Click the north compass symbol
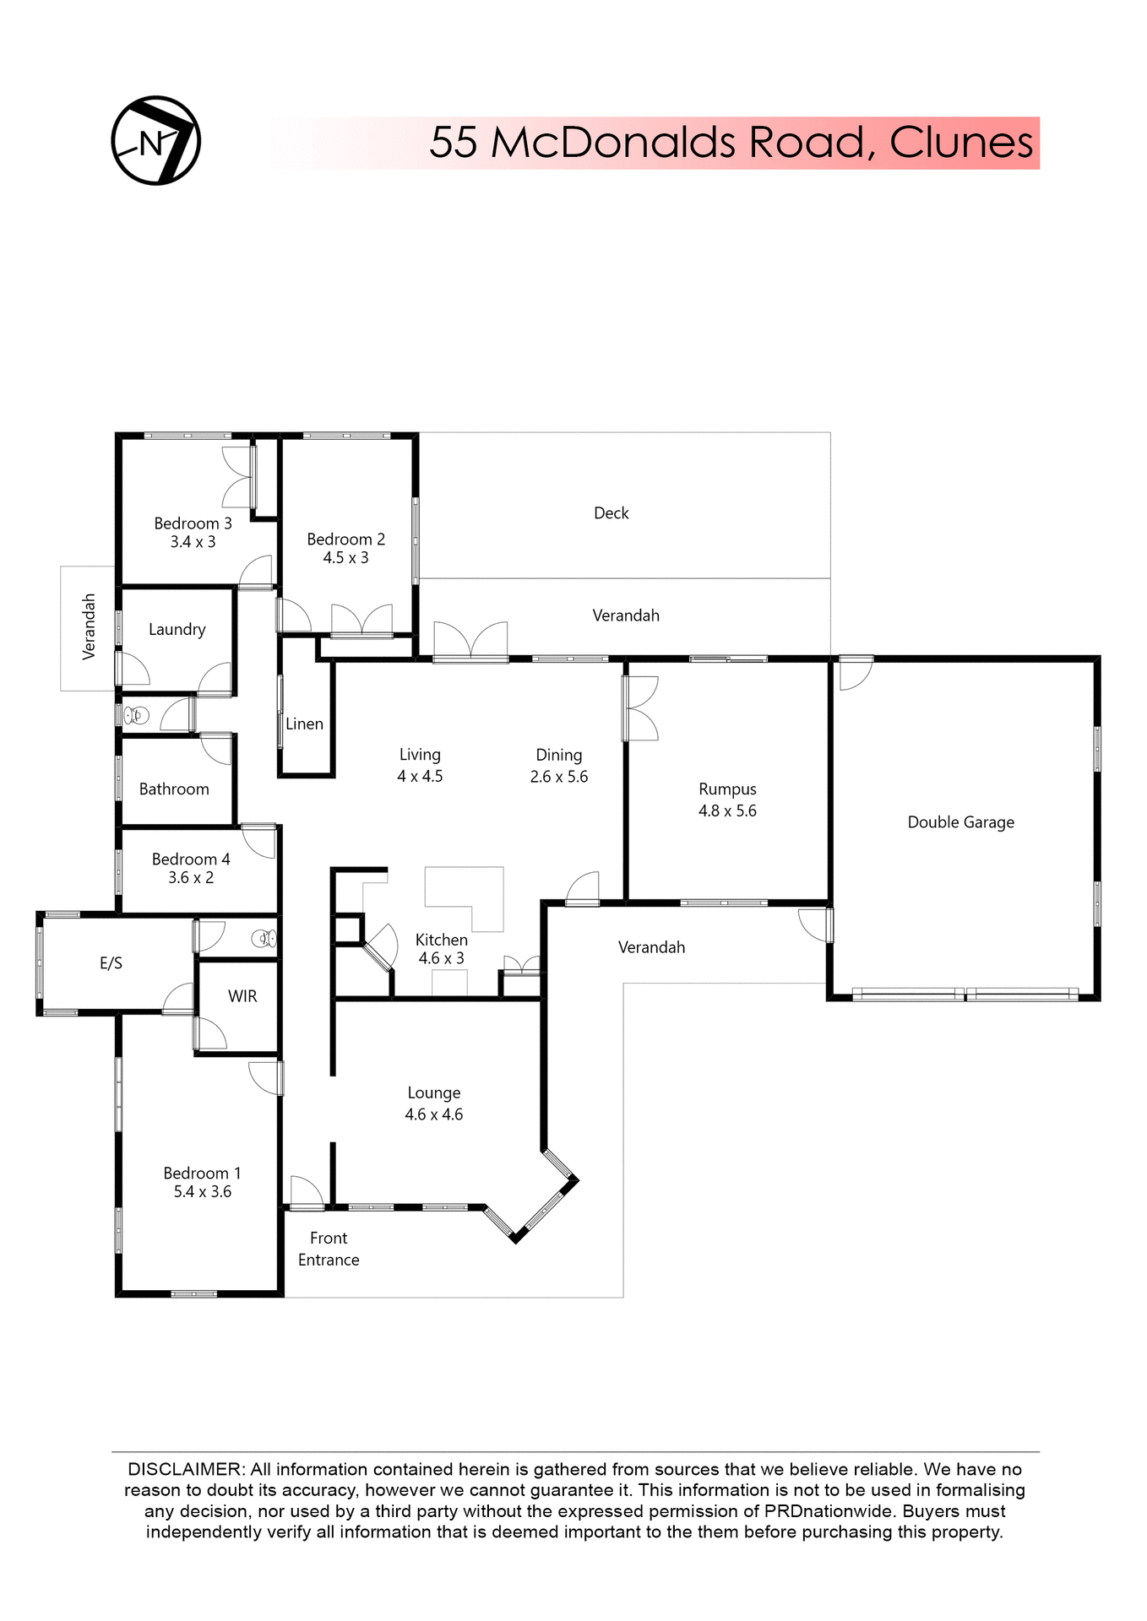tap(156, 141)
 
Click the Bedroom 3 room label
tap(193, 523)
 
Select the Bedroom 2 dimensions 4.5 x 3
tap(345, 558)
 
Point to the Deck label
tap(611, 513)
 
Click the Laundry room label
tap(177, 629)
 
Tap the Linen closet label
tap(304, 724)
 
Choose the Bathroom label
tap(174, 789)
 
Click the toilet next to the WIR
tap(264, 938)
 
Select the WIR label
tap(242, 996)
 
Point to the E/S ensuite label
tap(111, 963)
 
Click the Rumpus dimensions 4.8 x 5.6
tap(727, 811)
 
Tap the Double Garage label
tap(960, 822)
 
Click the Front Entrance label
tap(329, 1249)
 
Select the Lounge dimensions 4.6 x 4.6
tap(433, 1114)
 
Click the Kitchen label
tap(441, 940)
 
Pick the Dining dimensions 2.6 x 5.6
tap(558, 777)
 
